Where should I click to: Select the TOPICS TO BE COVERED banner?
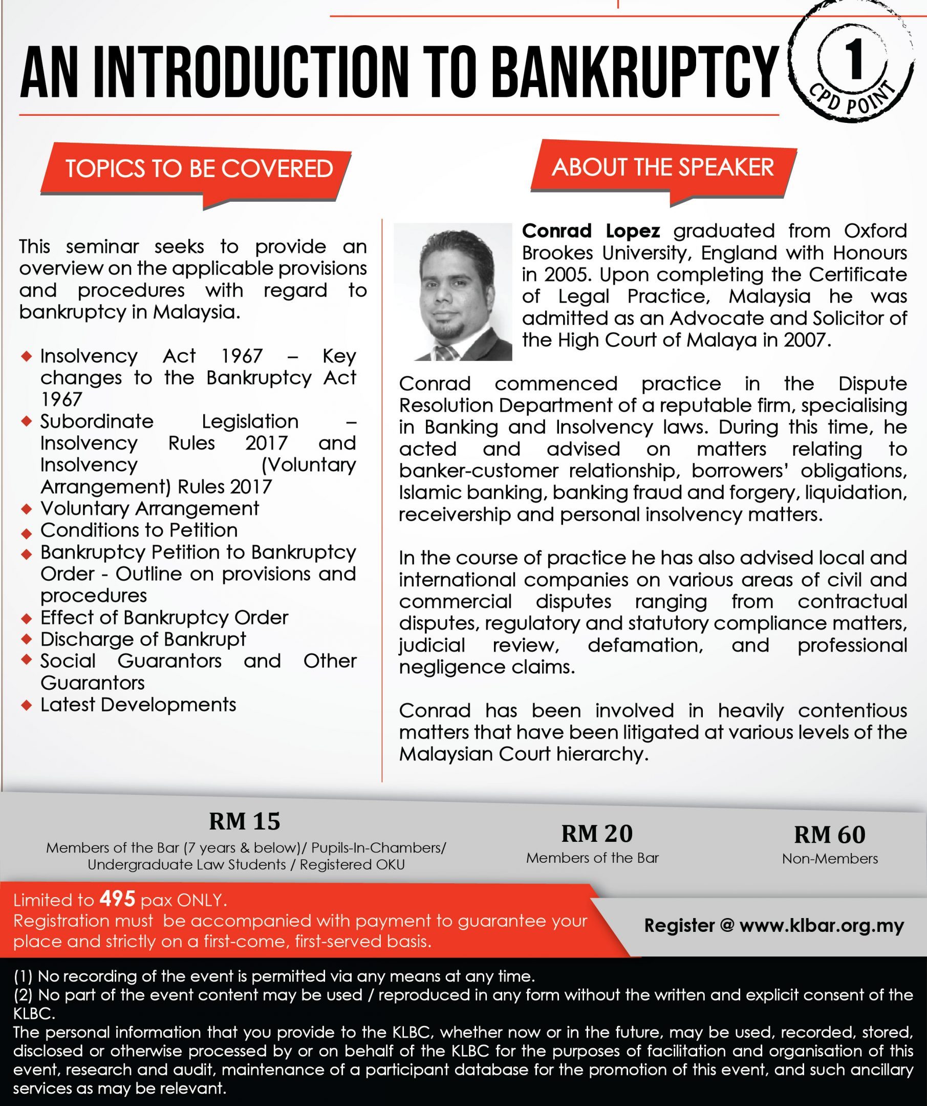point(199,169)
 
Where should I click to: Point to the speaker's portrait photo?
point(452,292)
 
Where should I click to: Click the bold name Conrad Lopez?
point(591,231)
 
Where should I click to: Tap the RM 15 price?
point(244,821)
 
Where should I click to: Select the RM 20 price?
point(597,833)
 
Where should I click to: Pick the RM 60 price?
point(830,834)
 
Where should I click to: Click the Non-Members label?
point(830,859)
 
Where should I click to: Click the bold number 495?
point(117,899)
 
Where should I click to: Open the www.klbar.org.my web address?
point(821,925)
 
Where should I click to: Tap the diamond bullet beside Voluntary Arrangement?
point(26,509)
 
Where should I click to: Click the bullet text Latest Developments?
point(138,705)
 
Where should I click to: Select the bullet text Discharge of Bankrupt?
point(143,639)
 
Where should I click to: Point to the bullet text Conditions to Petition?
point(139,530)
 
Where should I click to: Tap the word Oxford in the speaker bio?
point(875,231)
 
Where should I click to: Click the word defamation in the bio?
point(645,645)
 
